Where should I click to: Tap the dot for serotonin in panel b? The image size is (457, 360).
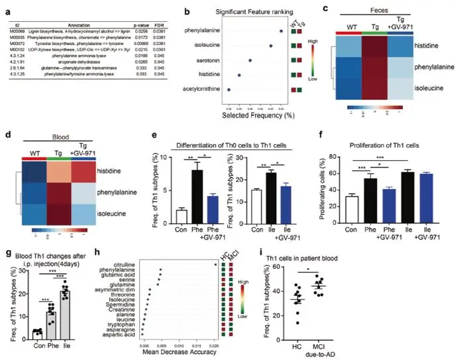coord(250,60)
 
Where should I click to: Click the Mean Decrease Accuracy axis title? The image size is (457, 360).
coord(177,351)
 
